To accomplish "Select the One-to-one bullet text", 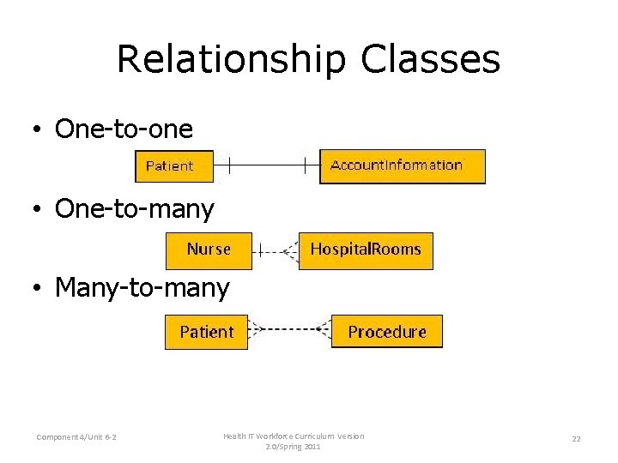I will pos(124,129).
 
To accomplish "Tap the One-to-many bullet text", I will pos(134,208).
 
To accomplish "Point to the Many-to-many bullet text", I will pos(142,288).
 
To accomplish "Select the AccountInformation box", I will pos(402,165).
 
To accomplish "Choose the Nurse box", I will pos(209,250).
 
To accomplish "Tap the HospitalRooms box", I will pos(366,250).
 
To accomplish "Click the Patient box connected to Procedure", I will pos(206,332).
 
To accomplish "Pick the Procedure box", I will pos(386,332).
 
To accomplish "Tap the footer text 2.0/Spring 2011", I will pos(294,447).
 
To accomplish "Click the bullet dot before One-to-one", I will pos(39,130).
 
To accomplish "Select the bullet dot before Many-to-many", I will pos(39,290).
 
